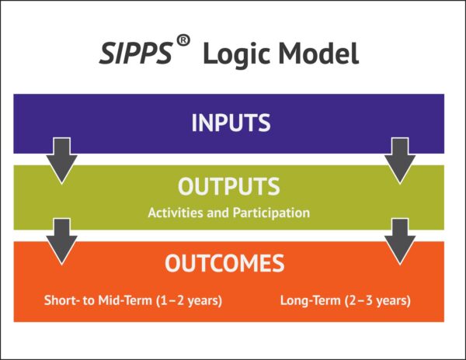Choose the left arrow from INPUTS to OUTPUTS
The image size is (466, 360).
coord(61,159)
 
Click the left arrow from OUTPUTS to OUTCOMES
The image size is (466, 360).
coord(61,240)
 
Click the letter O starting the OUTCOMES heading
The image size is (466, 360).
coord(174,264)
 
